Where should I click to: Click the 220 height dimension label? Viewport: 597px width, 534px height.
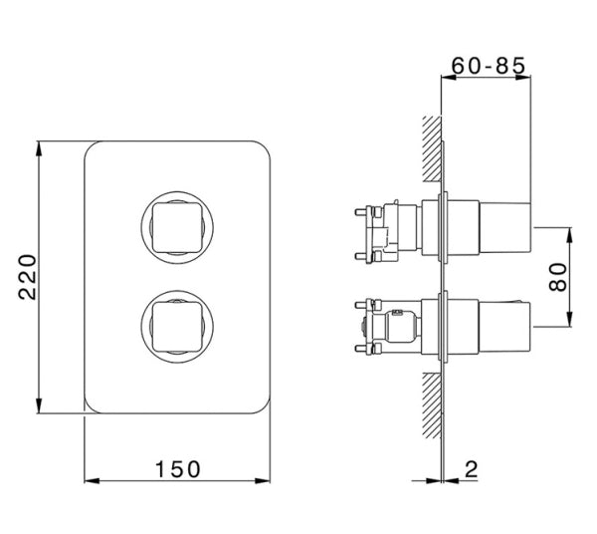click(28, 277)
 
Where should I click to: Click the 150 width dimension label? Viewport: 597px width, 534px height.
click(177, 469)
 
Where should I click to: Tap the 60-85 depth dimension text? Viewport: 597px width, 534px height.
click(489, 66)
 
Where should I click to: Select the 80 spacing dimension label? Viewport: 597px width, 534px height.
click(558, 277)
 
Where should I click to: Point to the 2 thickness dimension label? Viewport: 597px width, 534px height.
click(471, 469)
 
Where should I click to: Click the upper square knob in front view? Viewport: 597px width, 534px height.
click(177, 227)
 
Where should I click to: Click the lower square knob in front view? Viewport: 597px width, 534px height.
click(177, 326)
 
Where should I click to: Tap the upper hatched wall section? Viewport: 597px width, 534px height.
click(432, 147)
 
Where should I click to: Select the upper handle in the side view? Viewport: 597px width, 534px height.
click(504, 227)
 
